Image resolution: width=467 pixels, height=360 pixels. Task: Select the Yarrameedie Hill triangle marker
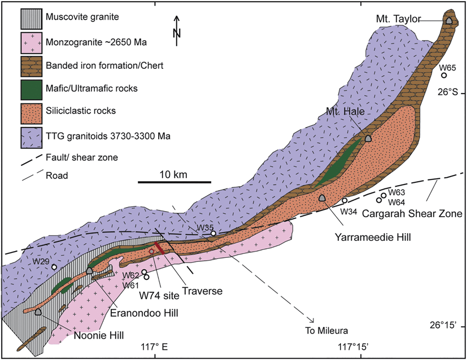[x=322, y=198]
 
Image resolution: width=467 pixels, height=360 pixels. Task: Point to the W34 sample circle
[x=344, y=201]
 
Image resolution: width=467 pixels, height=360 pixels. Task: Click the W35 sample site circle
[x=213, y=234]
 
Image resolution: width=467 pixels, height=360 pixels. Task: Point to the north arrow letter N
[x=177, y=33]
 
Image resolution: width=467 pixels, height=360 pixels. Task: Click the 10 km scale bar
[x=174, y=182]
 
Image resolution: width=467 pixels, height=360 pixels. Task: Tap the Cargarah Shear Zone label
[x=405, y=214]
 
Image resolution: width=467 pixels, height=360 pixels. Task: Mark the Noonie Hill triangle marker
[x=38, y=311]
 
